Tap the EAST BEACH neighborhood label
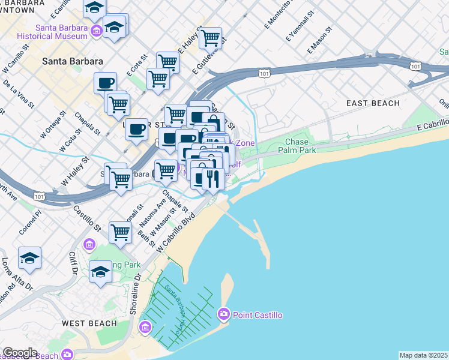click(373, 103)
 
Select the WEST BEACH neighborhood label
click(89, 323)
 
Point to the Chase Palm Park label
click(300, 146)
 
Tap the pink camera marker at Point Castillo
click(224, 314)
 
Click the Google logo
click(20, 353)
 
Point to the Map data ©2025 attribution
click(423, 355)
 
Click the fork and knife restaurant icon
click(213, 178)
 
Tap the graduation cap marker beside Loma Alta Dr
click(29, 257)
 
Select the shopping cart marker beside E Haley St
click(210, 38)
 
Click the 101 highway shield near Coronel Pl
click(40, 196)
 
